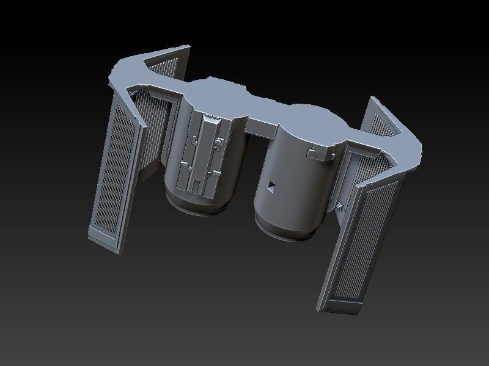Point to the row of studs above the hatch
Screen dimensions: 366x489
[x=211, y=115]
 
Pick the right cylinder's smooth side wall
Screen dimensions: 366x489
[x=293, y=189]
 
